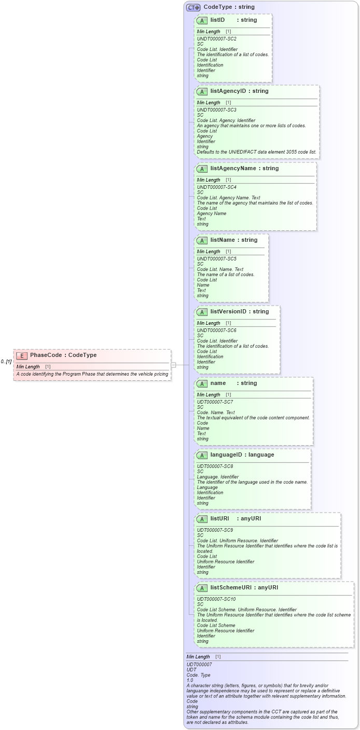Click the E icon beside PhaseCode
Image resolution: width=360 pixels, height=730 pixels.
pos(22,355)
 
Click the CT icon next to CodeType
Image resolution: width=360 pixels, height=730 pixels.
pos(193,7)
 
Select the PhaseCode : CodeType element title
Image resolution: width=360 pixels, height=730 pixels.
pos(63,355)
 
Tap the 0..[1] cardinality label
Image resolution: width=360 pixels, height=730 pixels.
pos(6,362)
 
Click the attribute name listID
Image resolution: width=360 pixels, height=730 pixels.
pos(217,20)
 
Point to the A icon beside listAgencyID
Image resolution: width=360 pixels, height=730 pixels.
pos(202,91)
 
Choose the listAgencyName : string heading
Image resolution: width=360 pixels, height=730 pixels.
pos(244,169)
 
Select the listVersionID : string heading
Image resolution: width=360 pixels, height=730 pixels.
pos(239,312)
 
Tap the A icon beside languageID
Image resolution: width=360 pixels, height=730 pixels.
pos(202,455)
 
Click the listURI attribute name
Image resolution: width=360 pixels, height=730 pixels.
pos(219,519)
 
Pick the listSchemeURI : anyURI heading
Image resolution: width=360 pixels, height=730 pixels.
pos(244,588)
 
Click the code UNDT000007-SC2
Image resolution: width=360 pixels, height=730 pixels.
pos(217,39)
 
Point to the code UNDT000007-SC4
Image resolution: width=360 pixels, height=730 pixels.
pos(217,187)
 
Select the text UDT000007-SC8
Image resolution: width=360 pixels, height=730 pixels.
pos(215,466)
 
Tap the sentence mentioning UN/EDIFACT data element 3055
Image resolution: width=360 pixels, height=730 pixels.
pos(256,152)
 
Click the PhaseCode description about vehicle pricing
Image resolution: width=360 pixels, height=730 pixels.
pos(92,374)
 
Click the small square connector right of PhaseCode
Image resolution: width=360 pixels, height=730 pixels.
pos(174,365)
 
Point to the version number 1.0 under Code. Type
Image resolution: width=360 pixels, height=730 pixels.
pos(190,680)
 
